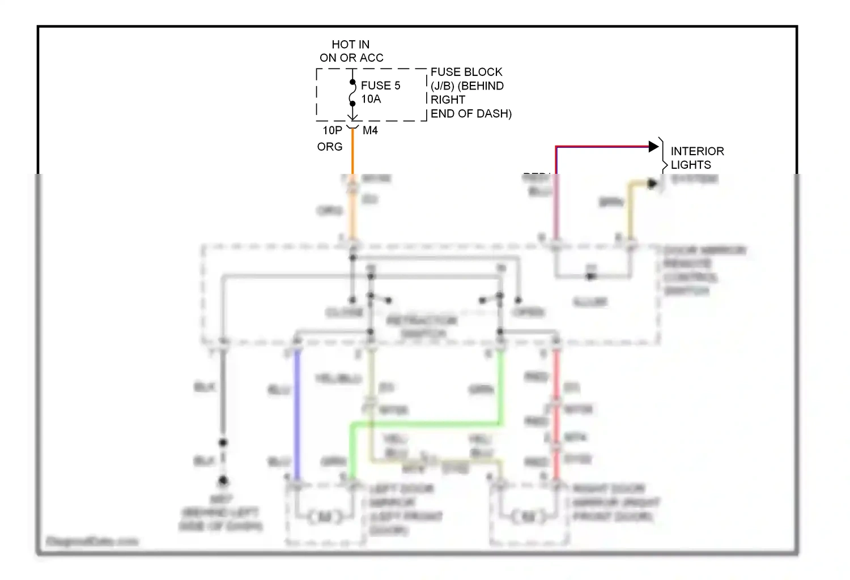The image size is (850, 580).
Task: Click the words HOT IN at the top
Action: pos(350,44)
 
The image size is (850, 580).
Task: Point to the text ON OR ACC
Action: pos(351,58)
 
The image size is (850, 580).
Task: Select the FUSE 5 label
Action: pos(380,86)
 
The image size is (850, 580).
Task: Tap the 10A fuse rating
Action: pos(371,99)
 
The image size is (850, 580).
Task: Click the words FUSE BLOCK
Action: pos(466,72)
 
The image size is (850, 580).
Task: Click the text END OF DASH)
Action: pos(471,113)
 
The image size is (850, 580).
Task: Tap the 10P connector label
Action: pos(333,130)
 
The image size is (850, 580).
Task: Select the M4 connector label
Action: pos(370,130)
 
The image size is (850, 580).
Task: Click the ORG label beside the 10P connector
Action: pos(330,147)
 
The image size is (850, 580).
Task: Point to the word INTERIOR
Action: pos(697,151)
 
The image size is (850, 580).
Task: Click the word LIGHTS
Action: pos(691,165)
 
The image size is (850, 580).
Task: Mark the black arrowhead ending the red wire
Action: pos(653,147)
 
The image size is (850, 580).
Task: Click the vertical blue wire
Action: pos(296,413)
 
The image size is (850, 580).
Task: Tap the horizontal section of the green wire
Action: pos(425,424)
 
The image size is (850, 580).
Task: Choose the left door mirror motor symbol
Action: pos(325,517)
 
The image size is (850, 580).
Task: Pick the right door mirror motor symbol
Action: pos(528,517)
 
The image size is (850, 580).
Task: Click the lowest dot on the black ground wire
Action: pos(223,481)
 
